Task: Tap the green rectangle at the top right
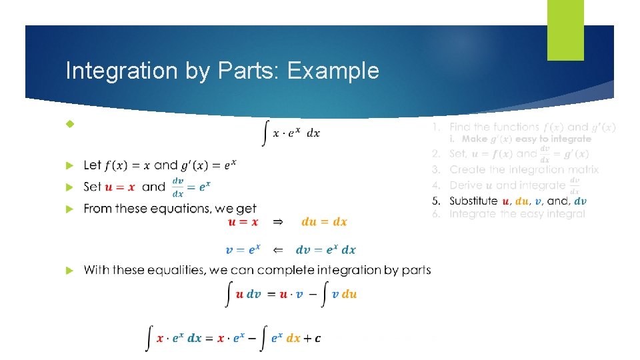[x=565, y=29]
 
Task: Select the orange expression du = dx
[x=324, y=222]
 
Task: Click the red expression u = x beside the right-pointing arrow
[x=243, y=222]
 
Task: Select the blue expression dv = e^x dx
[x=325, y=250]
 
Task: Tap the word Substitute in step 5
[x=473, y=201]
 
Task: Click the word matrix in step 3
[x=580, y=170]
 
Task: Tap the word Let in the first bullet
[x=93, y=165]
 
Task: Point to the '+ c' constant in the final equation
[x=313, y=338]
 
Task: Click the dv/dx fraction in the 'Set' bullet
[x=178, y=187]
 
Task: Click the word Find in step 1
[x=461, y=127]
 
